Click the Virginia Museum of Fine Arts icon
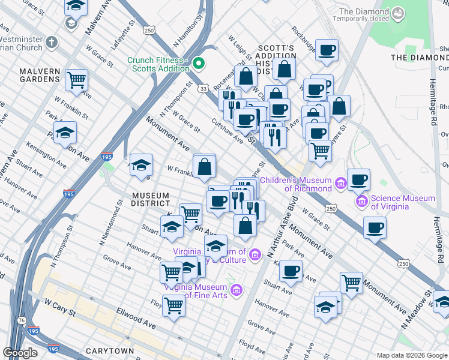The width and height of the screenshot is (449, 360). [x=237, y=290]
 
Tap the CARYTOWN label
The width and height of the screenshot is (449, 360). [x=109, y=350]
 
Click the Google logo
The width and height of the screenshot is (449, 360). [x=20, y=353]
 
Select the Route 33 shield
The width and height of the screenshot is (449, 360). [x=205, y=88]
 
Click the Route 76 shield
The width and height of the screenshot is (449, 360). [x=23, y=323]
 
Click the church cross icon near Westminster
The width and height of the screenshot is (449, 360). [x=52, y=43]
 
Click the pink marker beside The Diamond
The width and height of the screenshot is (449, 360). [x=398, y=12]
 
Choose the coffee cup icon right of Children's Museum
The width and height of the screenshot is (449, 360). [x=359, y=179]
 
